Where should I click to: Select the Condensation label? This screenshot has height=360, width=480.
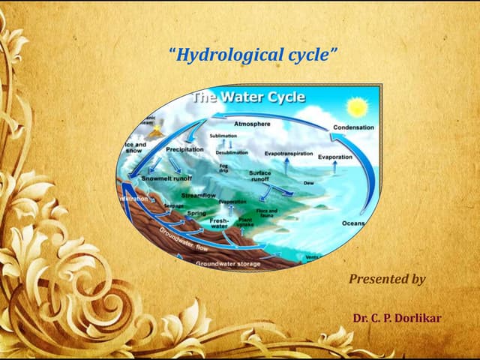coord(353,127)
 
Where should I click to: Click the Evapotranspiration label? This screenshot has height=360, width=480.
coord(289,153)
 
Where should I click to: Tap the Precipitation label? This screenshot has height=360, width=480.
coord(184,149)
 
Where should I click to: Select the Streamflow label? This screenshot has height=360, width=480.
coord(199,195)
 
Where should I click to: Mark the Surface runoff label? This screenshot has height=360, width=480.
coord(259,176)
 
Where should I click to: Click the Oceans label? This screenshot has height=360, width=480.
coord(353,223)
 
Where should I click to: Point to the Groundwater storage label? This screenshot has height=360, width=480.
coord(228,264)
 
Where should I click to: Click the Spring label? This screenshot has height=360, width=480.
coord(196,213)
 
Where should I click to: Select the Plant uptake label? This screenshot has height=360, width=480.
coord(245,223)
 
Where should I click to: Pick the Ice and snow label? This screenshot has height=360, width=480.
coord(136,148)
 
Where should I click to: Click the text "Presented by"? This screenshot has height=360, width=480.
coord(387,279)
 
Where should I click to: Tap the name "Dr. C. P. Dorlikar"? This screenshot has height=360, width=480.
coord(397,318)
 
